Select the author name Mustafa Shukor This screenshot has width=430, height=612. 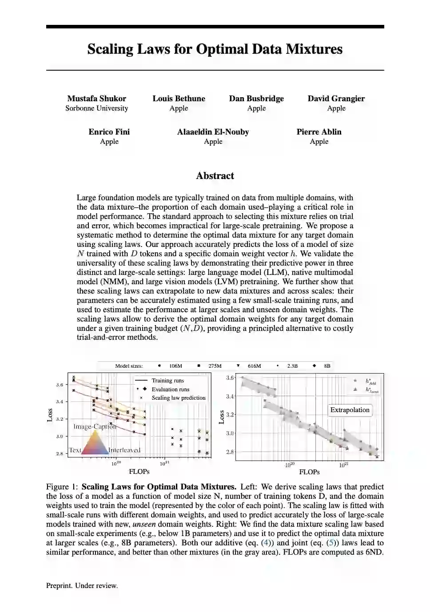pos(96,99)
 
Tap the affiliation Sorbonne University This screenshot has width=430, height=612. pos(96,108)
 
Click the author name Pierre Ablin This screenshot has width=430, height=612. pos(319,132)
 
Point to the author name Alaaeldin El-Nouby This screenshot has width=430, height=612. pos(213,132)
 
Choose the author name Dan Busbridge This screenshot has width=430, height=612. pos(256,99)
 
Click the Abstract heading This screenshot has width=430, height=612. pos(215,176)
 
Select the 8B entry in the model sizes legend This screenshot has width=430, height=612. pos(326,366)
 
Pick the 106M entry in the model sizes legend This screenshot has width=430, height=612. pos(175,366)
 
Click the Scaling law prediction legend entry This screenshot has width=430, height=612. pos(178,398)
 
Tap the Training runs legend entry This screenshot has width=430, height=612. pos(167,381)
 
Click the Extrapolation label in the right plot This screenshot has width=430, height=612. pos(350,410)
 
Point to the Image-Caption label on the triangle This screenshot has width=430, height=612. pos(95,426)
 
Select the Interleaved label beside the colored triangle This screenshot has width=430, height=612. pos(124,450)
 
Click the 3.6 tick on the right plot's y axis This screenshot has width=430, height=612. pos(230,378)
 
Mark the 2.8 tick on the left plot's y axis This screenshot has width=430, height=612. pos(60,453)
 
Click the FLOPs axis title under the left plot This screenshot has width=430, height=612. pos(139,472)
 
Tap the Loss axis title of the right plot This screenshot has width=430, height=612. pos(222,417)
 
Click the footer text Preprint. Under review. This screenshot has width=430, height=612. pos(82,586)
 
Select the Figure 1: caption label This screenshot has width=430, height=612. pos(62,487)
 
